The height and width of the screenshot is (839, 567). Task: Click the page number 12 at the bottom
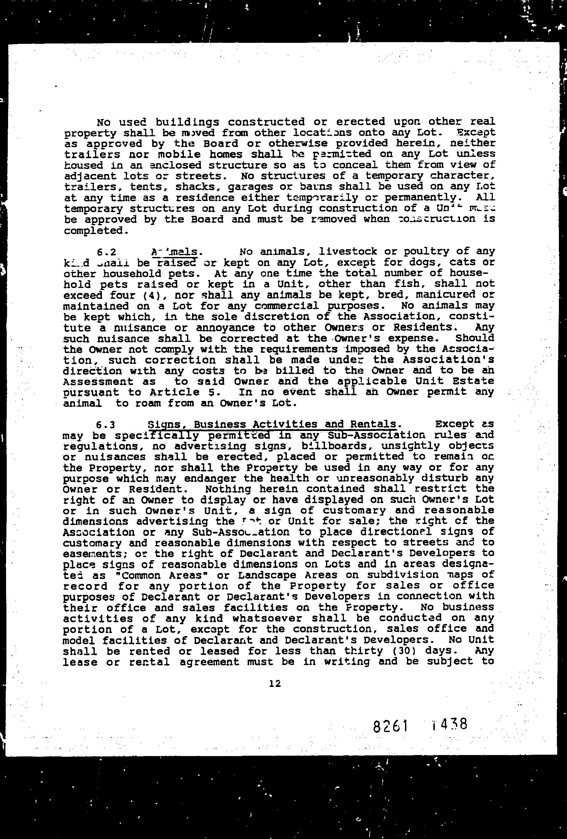tap(275, 684)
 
